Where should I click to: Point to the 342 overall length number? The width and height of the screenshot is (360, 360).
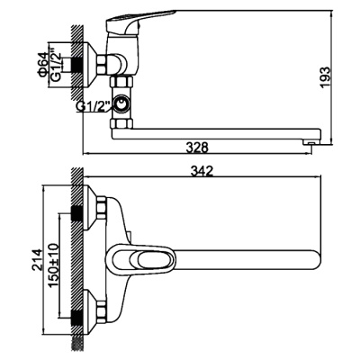[x=202, y=171]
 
